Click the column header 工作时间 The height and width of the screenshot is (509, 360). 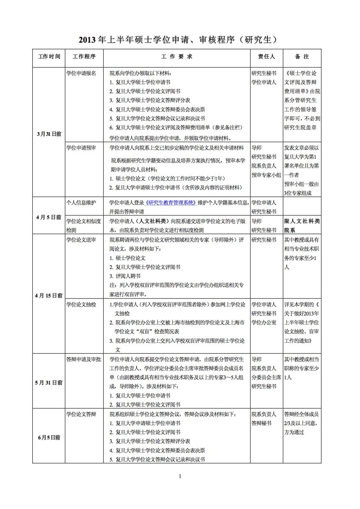click(49, 56)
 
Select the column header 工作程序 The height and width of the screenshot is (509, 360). click(84, 56)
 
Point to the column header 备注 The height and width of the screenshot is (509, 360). click(302, 56)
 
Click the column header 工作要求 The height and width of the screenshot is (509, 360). click(177, 56)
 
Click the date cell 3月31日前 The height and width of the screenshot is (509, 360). click(49, 133)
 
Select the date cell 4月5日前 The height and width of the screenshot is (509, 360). click(49, 217)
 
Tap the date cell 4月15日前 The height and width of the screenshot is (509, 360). click(49, 295)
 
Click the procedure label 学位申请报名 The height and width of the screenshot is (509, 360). click(81, 73)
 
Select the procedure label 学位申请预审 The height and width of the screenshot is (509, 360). click(81, 148)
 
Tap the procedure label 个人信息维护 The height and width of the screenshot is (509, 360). click(81, 202)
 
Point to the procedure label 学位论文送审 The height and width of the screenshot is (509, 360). click(81, 240)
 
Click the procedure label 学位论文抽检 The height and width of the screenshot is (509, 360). click(81, 305)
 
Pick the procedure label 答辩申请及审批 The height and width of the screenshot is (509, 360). click(84, 359)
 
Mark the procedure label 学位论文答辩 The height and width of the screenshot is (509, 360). click(81, 414)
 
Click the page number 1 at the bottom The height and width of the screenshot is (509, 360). click(180, 476)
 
